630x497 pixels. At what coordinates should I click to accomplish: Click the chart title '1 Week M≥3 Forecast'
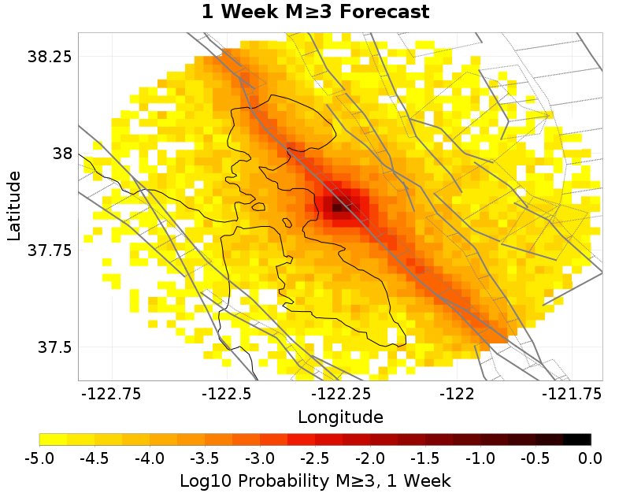coord(315,12)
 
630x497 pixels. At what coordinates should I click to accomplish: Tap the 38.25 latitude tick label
coord(50,57)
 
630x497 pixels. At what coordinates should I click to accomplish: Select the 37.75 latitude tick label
coord(50,250)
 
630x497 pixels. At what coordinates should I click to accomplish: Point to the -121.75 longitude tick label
coord(569,392)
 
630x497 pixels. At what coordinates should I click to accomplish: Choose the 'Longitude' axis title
coord(340,417)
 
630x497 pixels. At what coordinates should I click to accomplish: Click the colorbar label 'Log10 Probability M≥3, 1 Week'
coord(315,480)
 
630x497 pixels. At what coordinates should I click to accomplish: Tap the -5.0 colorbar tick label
coord(39,458)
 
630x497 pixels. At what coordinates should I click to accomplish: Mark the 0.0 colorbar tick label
coord(591,458)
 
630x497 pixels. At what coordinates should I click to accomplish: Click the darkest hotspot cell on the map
coord(338,207)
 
